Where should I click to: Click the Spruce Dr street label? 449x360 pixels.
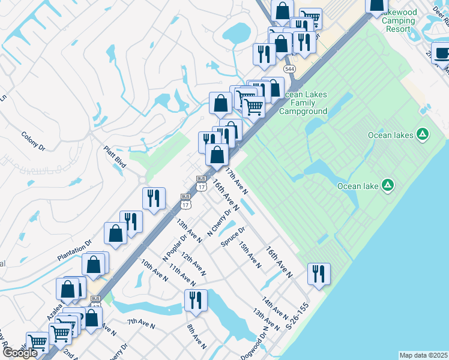point(234,237)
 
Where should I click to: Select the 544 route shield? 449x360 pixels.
point(290,70)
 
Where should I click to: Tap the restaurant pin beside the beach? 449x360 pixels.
point(319,273)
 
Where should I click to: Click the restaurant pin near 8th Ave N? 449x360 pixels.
point(196,299)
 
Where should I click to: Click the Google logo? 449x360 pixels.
point(20,353)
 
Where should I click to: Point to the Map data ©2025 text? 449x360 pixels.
point(423,355)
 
